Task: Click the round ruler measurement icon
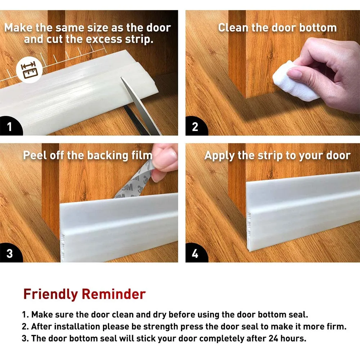29,69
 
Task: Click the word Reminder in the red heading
114,294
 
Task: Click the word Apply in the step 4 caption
220,156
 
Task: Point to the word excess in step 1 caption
104,39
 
